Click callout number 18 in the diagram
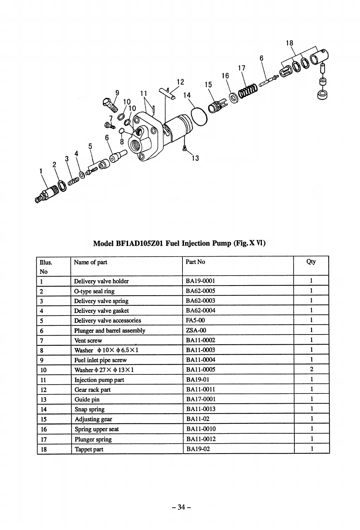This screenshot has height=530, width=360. (x=289, y=43)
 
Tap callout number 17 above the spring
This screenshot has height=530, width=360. (x=241, y=68)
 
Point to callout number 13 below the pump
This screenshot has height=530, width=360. (x=195, y=158)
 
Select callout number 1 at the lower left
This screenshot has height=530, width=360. (x=41, y=171)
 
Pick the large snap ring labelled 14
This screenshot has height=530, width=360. (x=199, y=116)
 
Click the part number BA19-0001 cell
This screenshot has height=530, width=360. (x=200, y=281)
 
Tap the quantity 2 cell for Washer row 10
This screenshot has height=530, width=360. (x=311, y=369)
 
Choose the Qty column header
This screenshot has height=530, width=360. (x=311, y=262)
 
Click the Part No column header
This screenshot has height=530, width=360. (x=195, y=262)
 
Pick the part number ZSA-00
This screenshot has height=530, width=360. (x=196, y=330)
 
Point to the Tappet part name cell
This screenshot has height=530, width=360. (x=89, y=449)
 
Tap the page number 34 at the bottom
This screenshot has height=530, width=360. (x=181, y=507)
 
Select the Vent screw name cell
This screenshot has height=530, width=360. (x=88, y=341)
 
